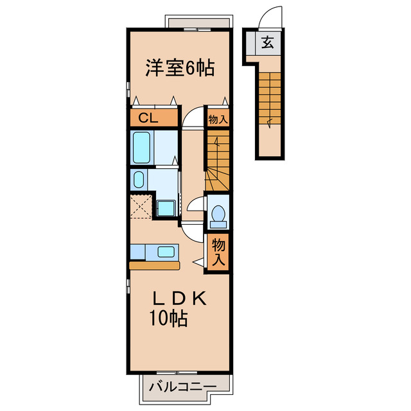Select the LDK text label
tap(180, 299)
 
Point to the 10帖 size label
tap(169, 319)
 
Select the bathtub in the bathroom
tap(143, 148)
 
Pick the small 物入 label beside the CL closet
tap(217, 118)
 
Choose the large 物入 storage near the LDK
tap(218, 251)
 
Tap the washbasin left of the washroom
tap(138, 180)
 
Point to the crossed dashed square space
tap(141, 207)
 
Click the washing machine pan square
tap(166, 207)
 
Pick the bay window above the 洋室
tap(197, 24)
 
